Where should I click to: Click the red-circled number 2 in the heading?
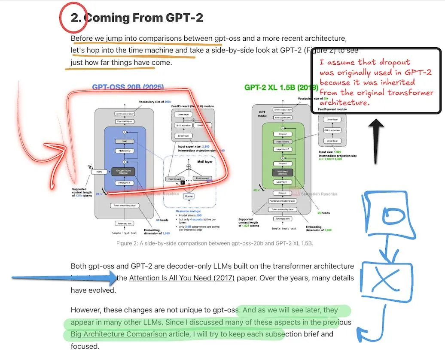click(x=75, y=18)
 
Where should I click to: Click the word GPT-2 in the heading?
click(x=183, y=18)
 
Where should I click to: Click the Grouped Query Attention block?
click(x=124, y=171)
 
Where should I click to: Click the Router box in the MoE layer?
click(x=189, y=196)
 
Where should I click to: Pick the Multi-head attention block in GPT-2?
click(x=282, y=172)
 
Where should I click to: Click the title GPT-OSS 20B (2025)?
click(x=128, y=87)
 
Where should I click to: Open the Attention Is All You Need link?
click(x=182, y=278)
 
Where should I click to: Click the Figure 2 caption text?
click(x=214, y=244)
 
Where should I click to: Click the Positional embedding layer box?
click(x=282, y=201)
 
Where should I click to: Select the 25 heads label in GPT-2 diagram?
click(x=323, y=213)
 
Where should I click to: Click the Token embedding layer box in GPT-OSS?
click(x=124, y=206)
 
